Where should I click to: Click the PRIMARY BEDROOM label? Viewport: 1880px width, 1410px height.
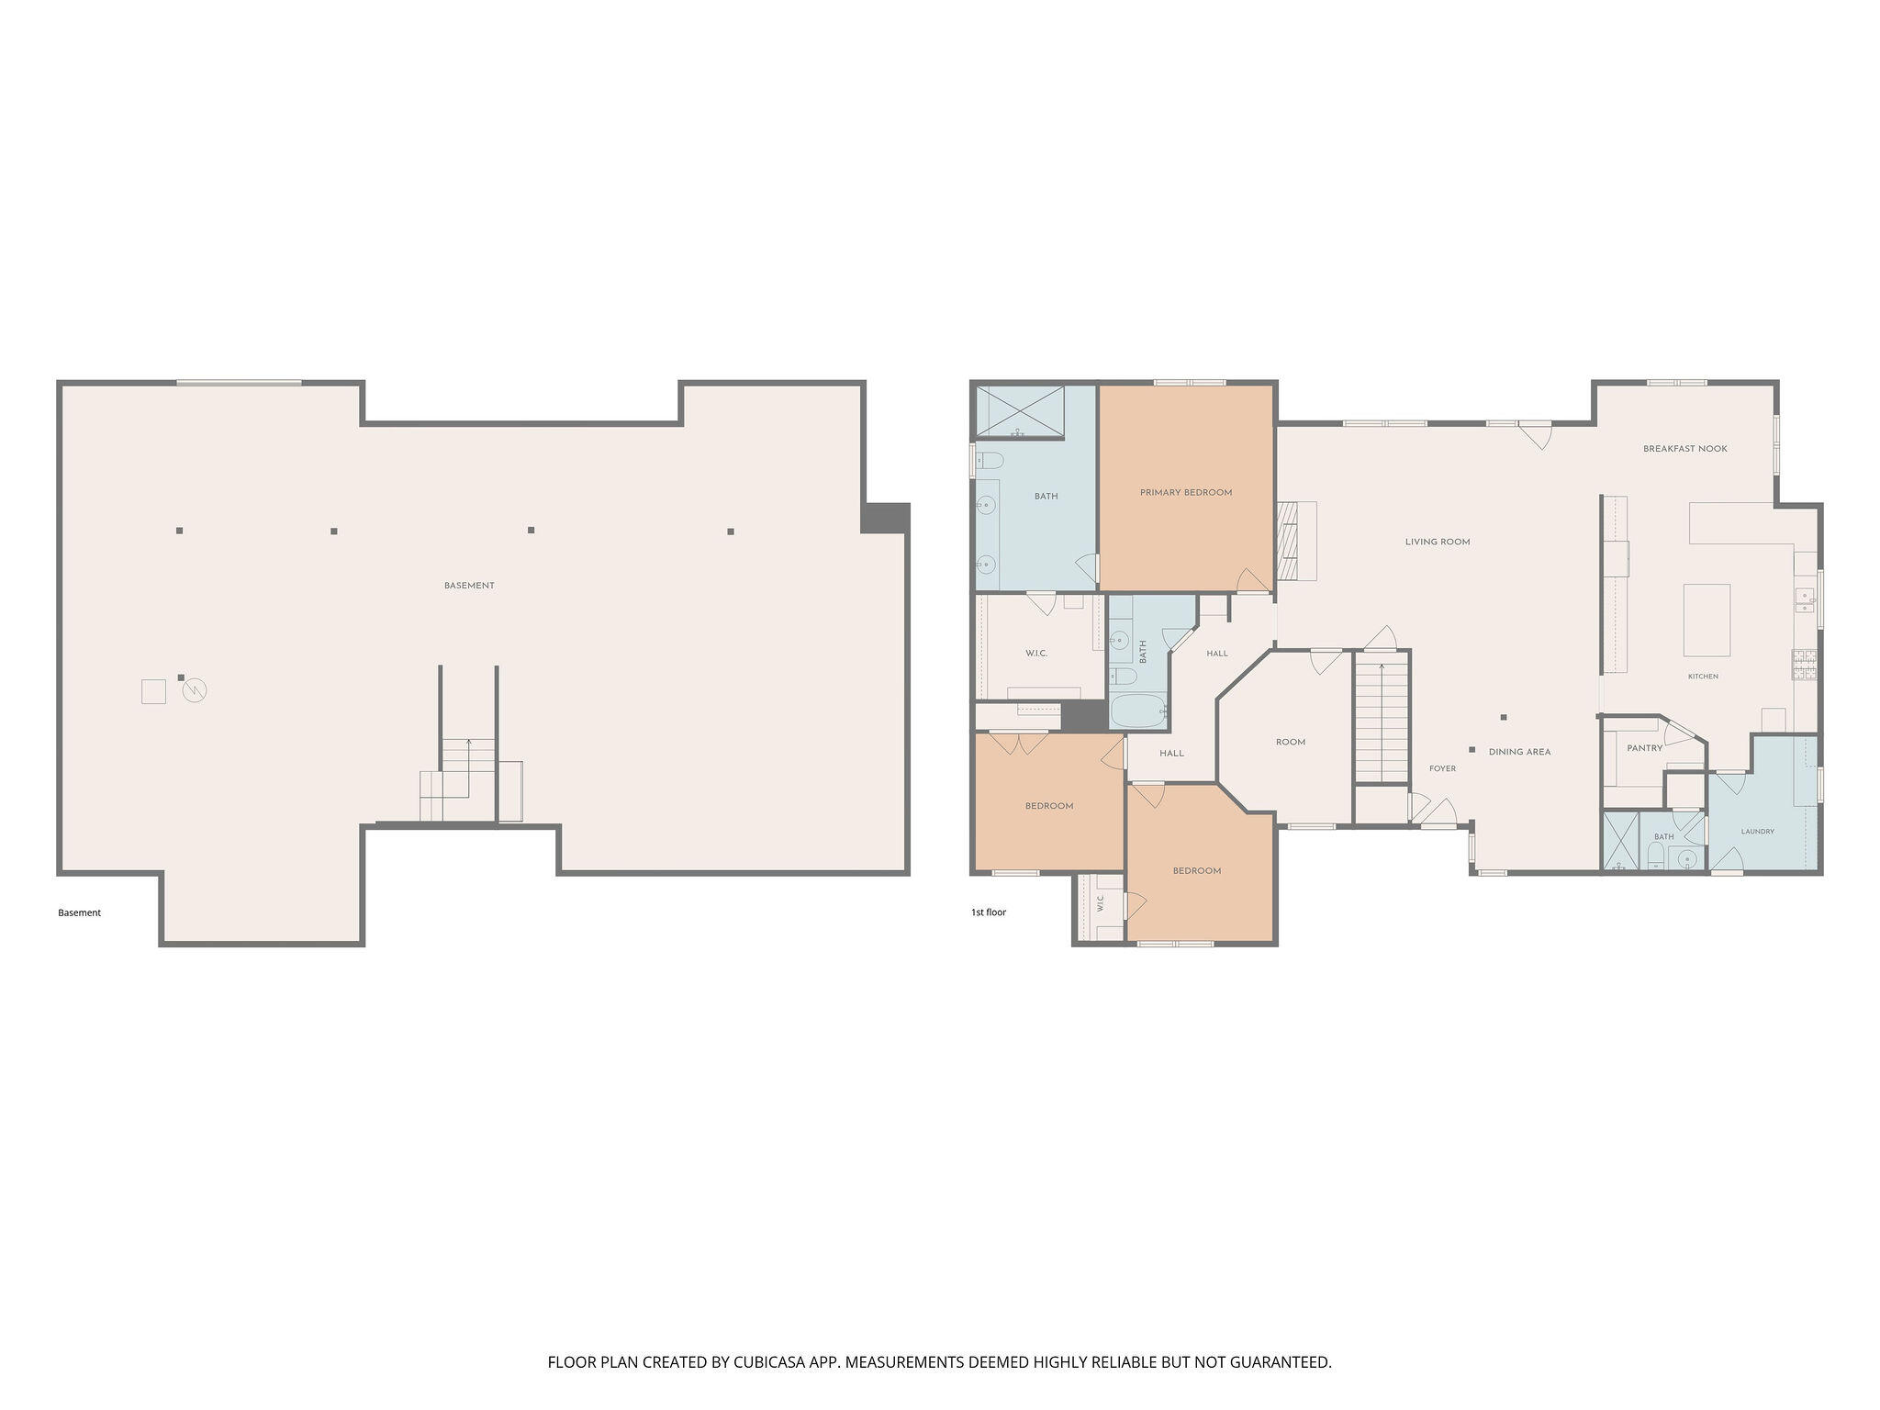point(1186,493)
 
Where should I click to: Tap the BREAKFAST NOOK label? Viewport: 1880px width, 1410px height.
point(1685,449)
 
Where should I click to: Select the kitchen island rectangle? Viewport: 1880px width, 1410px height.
point(1707,620)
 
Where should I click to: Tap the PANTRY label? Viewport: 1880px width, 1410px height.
point(1645,748)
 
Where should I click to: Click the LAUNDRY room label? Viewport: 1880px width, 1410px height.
point(1758,832)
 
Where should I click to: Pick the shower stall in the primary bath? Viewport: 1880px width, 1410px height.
point(1020,412)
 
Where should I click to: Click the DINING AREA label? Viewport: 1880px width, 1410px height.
point(1520,752)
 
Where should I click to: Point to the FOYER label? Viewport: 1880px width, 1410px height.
point(1442,768)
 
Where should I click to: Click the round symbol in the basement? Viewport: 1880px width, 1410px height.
point(195,690)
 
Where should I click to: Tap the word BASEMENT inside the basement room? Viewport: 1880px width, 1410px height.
point(469,586)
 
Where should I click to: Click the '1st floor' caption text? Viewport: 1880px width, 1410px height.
point(989,912)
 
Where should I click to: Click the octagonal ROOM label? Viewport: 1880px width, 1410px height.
point(1291,742)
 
